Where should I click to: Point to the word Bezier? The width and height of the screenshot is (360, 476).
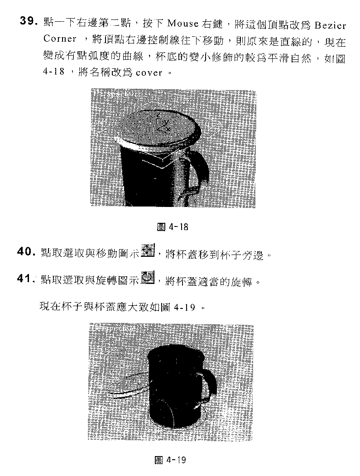pyautogui.click(x=330, y=25)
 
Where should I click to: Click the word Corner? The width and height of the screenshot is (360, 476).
pyautogui.click(x=60, y=39)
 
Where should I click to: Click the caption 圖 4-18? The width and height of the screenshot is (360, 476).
pyautogui.click(x=173, y=227)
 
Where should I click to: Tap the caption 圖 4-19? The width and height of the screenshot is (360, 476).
pyautogui.click(x=171, y=460)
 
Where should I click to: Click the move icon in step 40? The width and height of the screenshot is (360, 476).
pyautogui.click(x=149, y=250)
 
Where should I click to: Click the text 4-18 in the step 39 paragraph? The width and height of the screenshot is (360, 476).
pyautogui.click(x=54, y=72)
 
